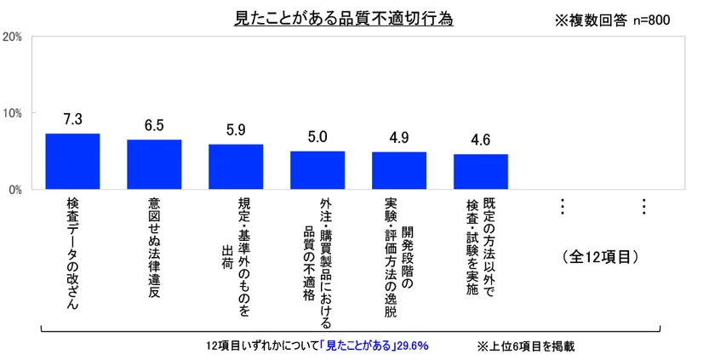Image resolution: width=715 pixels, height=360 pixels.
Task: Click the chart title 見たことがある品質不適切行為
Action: (x=343, y=19)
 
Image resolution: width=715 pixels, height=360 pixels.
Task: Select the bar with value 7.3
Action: (x=72, y=162)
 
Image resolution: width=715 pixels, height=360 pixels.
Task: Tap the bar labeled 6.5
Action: (x=154, y=164)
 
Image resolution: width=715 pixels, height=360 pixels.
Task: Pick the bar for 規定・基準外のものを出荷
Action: (x=236, y=167)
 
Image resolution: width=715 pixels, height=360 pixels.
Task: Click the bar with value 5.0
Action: (x=317, y=170)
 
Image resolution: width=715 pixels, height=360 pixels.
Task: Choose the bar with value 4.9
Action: (x=399, y=170)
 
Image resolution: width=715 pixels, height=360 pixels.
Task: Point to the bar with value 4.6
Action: (x=481, y=172)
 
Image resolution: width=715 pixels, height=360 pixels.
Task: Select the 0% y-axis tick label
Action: (x=15, y=190)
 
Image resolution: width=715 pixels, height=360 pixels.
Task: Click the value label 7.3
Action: (x=72, y=120)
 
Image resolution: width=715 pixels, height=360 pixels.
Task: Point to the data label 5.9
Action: (x=236, y=130)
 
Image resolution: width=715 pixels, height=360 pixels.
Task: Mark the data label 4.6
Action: (x=481, y=140)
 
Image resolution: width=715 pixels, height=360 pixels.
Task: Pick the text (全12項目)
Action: (x=602, y=255)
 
